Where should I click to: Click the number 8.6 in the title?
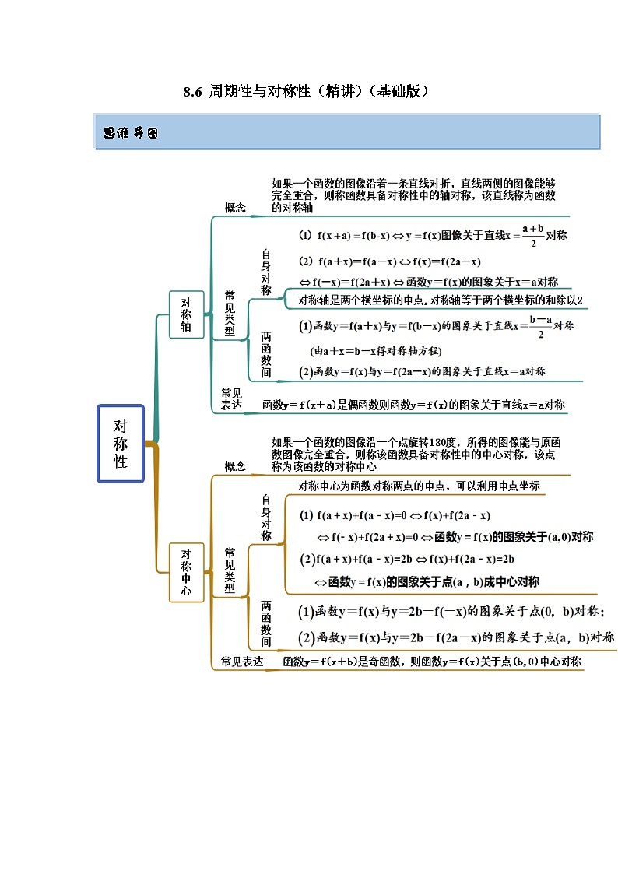click(x=192, y=92)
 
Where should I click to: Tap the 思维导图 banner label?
click(x=131, y=133)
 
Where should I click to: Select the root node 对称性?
click(x=121, y=444)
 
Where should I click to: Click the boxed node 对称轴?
click(x=186, y=314)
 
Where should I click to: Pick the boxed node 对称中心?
click(x=186, y=572)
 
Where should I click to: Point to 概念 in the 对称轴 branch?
click(x=235, y=207)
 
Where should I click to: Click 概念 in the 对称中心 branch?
click(x=235, y=466)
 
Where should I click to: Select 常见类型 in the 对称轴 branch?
click(x=230, y=313)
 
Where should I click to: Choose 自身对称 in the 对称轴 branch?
click(x=266, y=272)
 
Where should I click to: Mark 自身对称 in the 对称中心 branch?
click(x=266, y=518)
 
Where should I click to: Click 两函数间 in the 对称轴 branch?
click(x=266, y=355)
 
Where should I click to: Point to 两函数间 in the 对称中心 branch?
click(x=266, y=623)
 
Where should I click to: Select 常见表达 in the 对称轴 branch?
click(x=232, y=398)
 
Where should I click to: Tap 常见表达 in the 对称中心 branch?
click(x=241, y=662)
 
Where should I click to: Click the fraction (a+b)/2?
click(x=532, y=235)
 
